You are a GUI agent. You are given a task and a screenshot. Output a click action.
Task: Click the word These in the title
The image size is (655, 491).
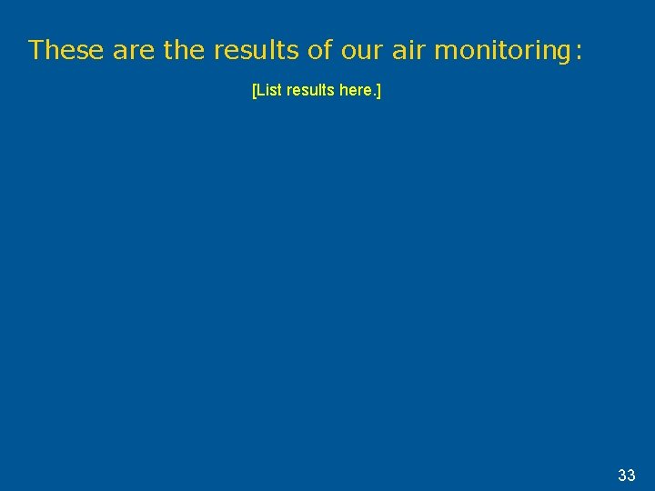pos(67,50)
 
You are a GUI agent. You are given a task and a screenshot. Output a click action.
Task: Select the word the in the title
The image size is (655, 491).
pos(185,50)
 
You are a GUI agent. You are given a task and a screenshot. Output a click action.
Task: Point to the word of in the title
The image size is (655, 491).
pos(320,50)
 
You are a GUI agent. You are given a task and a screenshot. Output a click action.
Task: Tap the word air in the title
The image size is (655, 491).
pos(408,50)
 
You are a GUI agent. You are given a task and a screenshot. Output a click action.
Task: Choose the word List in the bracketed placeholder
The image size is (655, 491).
pos(268,91)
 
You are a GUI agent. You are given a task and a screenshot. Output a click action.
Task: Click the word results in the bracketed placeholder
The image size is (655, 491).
pos(312,91)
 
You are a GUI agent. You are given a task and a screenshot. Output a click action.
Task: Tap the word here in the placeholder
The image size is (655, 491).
pos(358,91)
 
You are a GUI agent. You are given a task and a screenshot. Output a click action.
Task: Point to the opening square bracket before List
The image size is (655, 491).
pos(254,91)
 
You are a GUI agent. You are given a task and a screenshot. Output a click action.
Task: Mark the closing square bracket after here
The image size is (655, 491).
pos(378,91)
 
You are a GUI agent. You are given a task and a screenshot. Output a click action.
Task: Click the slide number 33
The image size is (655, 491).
pos(626,475)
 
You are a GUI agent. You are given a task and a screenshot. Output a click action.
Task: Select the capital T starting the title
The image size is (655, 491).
pos(35,50)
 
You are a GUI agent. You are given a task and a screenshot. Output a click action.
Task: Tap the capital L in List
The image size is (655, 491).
pos(260,91)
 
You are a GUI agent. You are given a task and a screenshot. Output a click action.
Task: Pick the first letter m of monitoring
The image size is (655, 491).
pos(444,52)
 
